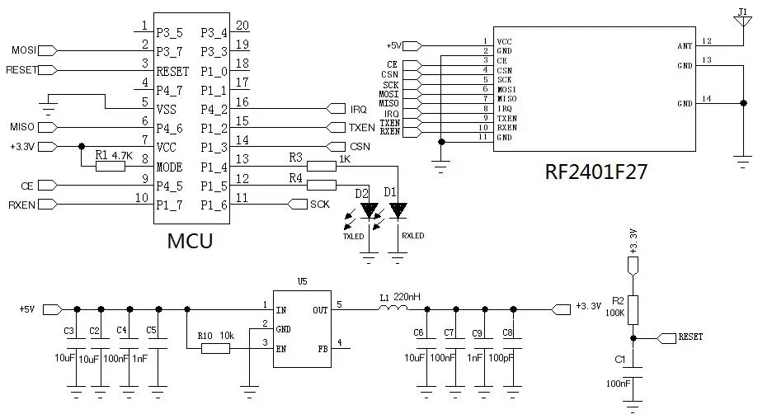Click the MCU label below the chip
tap(190, 241)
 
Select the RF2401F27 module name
tap(596, 172)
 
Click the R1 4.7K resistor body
tap(110, 166)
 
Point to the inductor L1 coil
tap(392, 309)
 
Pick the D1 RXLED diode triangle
tap(398, 211)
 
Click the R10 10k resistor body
tap(216, 348)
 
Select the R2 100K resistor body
tap(633, 310)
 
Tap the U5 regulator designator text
tap(302, 281)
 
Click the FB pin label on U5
tap(323, 348)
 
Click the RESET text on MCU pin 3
tap(173, 71)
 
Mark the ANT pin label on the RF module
tap(685, 47)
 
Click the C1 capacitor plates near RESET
tap(633, 362)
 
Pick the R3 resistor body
tap(324, 166)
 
